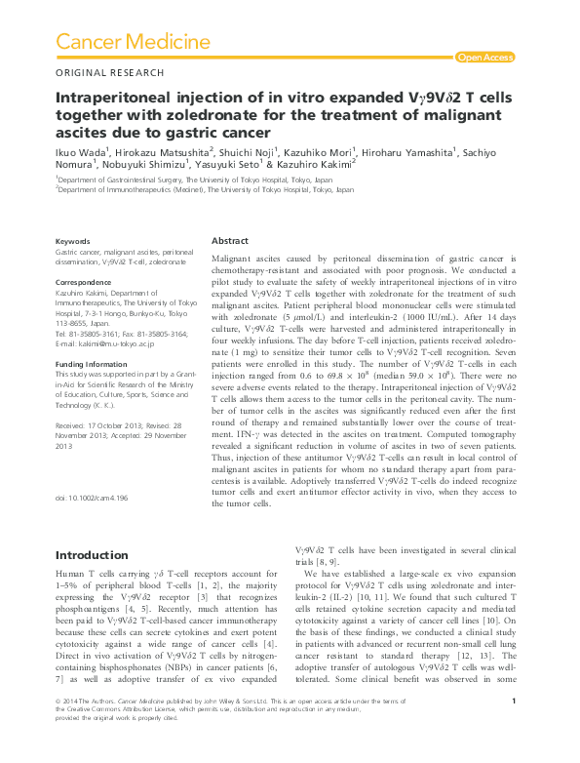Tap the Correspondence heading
coord(85,281)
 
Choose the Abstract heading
coord(230,240)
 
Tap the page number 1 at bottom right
coord(513,729)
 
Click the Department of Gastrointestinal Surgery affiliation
coord(196,181)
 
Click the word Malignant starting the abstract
coord(234,258)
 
